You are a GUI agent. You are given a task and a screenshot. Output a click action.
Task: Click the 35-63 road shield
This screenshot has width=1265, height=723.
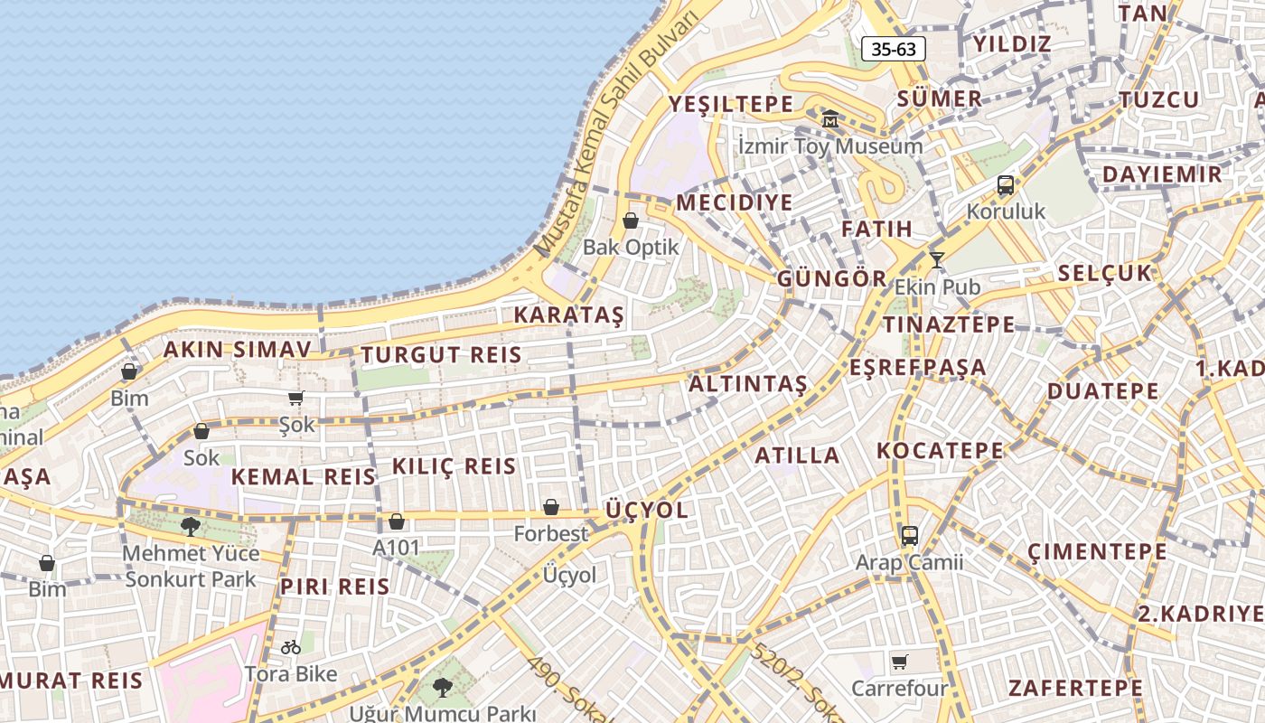893,49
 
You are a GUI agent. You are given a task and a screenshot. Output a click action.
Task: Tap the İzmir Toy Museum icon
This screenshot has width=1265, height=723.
829,118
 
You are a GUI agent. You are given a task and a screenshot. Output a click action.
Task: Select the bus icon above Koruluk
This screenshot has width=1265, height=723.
1005,185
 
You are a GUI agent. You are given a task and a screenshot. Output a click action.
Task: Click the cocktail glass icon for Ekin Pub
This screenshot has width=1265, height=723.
937,260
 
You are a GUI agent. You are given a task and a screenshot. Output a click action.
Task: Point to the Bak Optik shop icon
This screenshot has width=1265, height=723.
631,221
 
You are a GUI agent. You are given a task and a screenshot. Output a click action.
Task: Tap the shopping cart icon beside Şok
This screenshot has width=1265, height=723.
295,398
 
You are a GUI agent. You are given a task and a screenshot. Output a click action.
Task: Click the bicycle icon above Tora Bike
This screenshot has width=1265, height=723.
290,646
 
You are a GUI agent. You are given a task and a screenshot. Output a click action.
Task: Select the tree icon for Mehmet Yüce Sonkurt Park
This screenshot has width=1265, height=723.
190,526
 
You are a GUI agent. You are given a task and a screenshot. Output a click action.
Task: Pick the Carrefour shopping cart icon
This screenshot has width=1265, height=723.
899,662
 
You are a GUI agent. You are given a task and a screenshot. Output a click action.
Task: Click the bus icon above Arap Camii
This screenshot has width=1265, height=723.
909,535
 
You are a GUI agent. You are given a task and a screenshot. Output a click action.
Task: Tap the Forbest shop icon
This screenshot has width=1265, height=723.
550,507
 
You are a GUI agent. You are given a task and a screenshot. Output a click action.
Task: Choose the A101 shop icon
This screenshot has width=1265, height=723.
396,521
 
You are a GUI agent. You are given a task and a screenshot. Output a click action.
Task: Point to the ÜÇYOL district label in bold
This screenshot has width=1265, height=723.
646,510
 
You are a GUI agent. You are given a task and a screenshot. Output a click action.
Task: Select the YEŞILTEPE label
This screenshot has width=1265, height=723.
730,105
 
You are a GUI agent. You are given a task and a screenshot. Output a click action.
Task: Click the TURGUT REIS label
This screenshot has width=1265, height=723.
442,355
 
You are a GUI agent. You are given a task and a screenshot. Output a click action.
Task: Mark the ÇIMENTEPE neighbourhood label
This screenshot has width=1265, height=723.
1097,550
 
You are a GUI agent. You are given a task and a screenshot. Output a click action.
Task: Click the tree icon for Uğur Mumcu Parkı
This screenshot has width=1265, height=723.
442,688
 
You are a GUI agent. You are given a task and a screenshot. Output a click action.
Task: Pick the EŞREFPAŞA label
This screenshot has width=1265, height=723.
917,368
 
